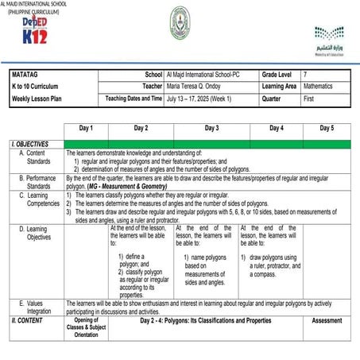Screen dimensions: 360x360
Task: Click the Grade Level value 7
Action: coord(305,73)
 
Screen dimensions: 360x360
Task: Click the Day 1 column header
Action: coord(86,127)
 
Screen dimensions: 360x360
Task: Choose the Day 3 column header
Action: coord(211,127)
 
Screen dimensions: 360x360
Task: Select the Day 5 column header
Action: coord(327,127)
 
